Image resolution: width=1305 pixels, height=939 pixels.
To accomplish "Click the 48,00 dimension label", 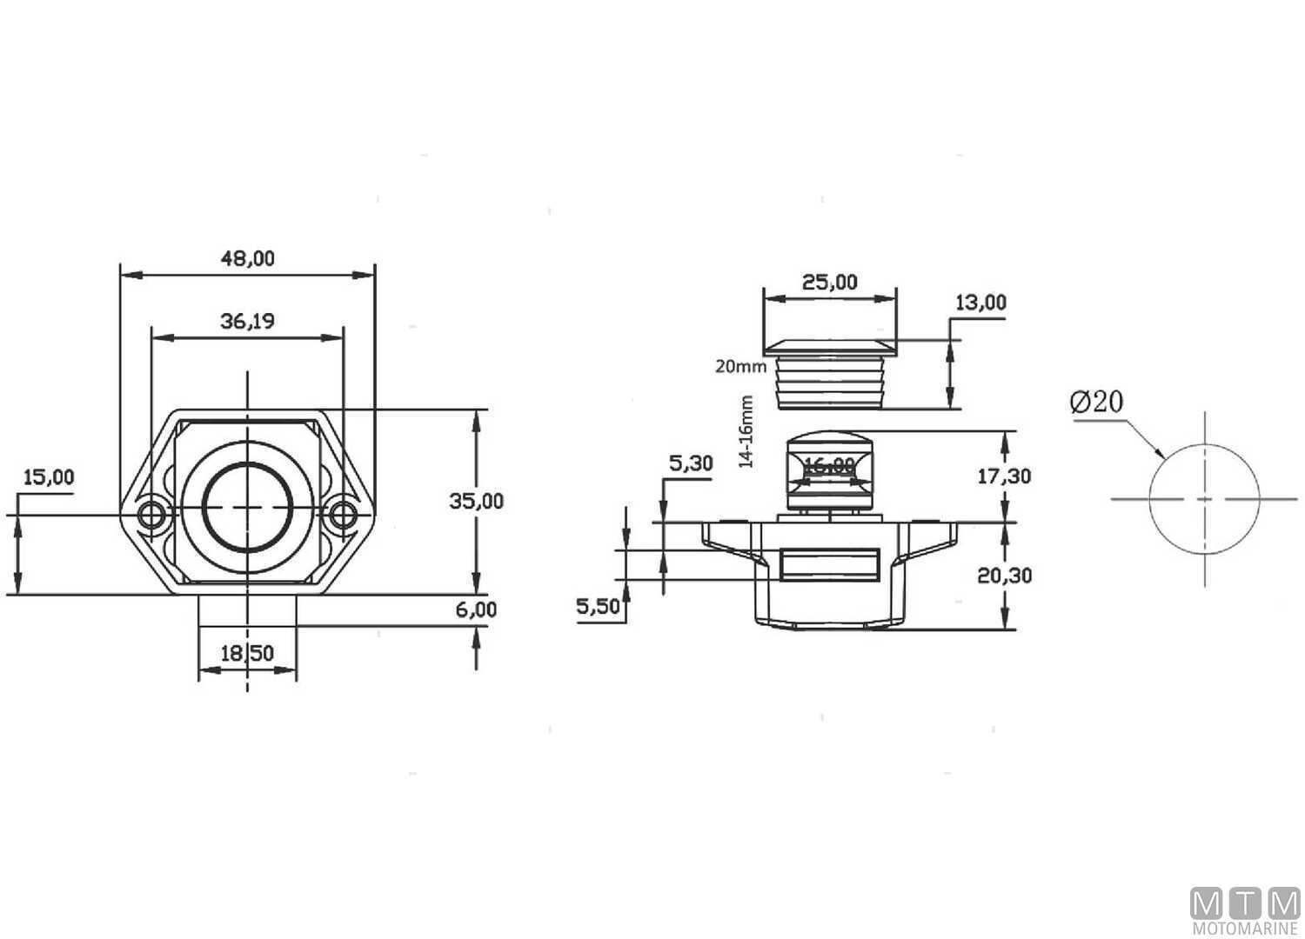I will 248,258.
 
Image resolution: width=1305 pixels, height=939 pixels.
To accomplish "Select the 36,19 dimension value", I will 248,322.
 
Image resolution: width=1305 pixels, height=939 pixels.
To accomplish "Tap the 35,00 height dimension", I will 476,501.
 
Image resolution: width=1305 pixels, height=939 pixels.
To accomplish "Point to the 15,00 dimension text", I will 48,477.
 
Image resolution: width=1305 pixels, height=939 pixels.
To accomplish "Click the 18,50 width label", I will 248,653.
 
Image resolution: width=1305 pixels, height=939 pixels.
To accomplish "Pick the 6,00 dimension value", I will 476,609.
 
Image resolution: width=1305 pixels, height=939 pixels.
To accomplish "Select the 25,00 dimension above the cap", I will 829,283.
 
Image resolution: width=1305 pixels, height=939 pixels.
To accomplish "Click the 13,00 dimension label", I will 980,303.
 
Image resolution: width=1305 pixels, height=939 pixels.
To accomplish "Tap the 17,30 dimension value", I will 1004,476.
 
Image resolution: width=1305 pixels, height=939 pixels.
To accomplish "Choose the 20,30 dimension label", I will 1004,575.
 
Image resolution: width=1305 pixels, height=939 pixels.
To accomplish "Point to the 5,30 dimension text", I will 690,463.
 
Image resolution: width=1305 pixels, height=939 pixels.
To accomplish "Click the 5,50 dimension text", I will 599,606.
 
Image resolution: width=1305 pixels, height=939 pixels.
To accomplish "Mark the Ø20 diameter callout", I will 1096,402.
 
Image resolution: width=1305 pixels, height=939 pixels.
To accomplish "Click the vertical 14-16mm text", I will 746,432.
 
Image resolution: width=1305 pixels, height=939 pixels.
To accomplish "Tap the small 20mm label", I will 740,366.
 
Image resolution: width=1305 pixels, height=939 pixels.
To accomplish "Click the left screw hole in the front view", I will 152,515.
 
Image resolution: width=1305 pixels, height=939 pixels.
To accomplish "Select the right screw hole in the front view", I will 344,515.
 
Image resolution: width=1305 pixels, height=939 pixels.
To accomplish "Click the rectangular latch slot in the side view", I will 828,566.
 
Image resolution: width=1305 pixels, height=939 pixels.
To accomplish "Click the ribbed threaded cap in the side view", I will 829,383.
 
